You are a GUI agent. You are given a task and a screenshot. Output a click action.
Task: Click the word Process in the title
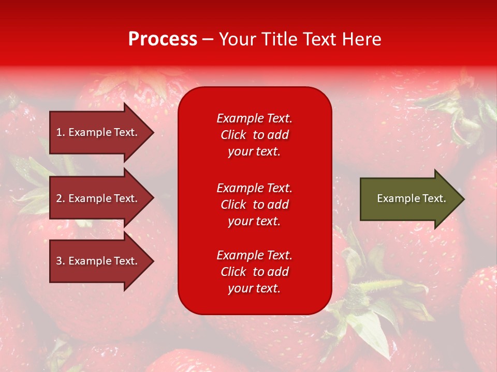(163, 39)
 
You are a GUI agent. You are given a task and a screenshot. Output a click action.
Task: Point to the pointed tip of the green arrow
(463, 199)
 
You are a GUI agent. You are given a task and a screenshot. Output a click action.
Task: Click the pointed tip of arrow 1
(152, 133)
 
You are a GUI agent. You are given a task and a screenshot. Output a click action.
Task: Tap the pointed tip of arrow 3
(152, 261)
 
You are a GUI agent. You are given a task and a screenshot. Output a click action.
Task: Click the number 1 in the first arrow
(59, 132)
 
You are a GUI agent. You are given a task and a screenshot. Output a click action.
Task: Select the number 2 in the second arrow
(59, 198)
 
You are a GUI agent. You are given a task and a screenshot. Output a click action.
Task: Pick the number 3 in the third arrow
(59, 261)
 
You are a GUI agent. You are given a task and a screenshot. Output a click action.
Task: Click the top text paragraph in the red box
(254, 135)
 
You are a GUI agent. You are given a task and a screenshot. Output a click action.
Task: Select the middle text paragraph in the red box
(254, 205)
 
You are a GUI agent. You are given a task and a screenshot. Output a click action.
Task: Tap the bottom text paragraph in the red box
(254, 272)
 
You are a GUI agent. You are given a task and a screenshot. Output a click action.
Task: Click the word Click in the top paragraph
(233, 135)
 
